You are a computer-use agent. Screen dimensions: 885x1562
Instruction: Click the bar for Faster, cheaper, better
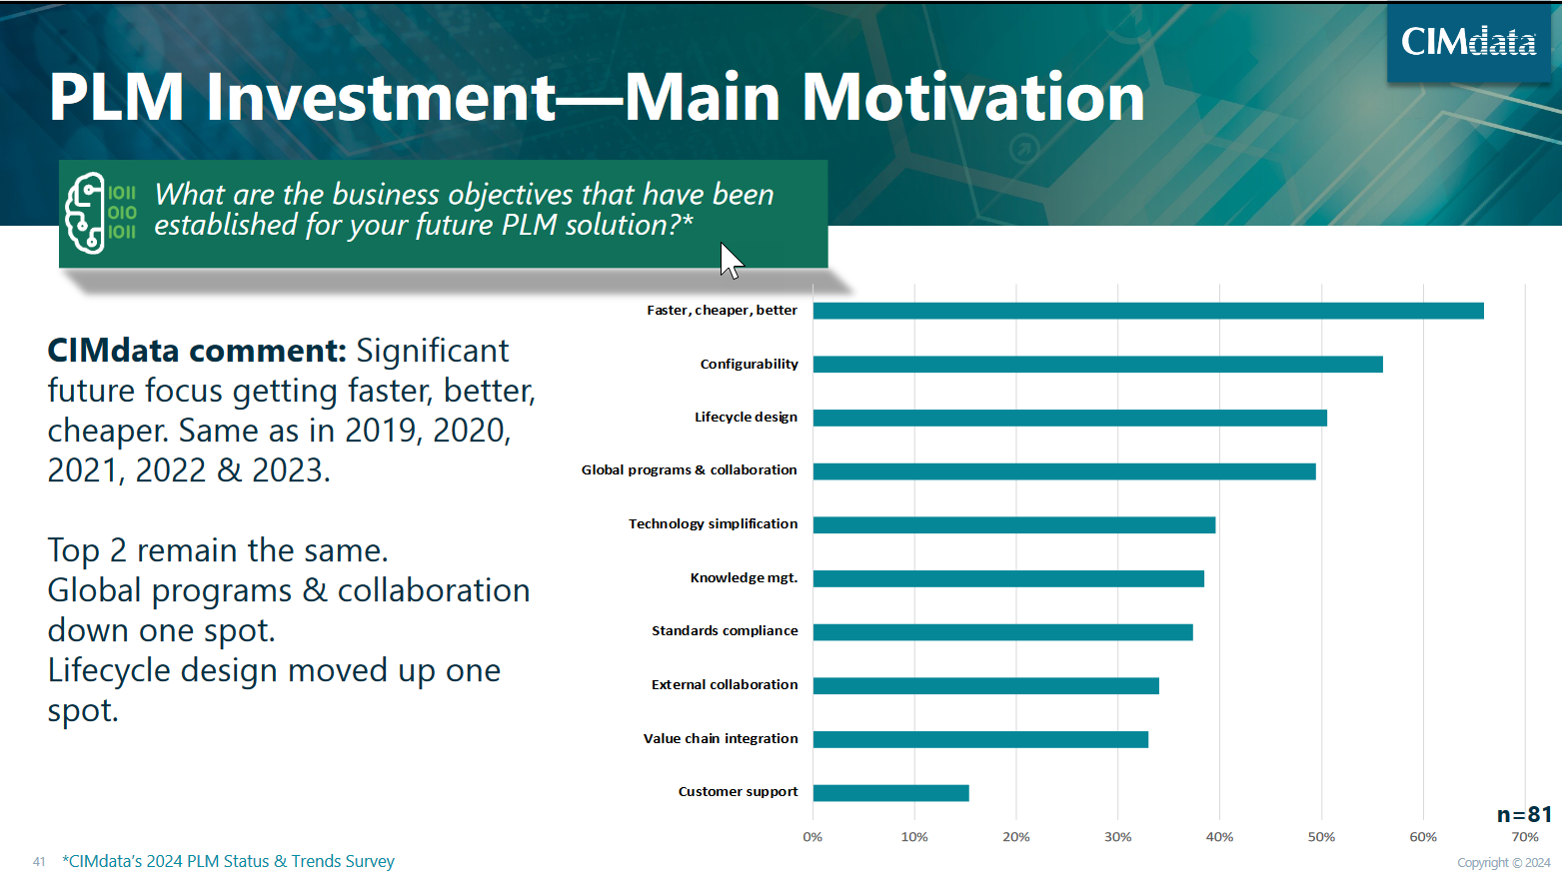click(1148, 311)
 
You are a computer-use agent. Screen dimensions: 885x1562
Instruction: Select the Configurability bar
click(1097, 365)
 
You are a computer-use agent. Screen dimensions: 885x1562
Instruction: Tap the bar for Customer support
click(890, 793)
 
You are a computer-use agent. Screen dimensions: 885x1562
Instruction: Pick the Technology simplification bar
click(1013, 525)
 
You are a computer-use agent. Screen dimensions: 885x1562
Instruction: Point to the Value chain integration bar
click(980, 739)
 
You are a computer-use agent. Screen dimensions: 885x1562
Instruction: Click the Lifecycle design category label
click(746, 418)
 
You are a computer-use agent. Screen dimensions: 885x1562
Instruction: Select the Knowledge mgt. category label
click(744, 578)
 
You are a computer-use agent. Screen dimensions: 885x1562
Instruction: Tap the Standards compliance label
click(725, 631)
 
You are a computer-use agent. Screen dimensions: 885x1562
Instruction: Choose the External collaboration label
click(725, 685)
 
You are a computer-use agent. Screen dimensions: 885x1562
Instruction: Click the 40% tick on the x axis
click(1219, 837)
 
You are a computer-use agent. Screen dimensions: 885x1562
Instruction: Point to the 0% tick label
click(812, 837)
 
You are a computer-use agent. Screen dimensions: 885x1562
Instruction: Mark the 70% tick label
click(1525, 837)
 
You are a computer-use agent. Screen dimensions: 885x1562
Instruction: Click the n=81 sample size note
click(1524, 815)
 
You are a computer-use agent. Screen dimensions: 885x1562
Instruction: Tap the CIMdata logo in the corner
click(1468, 42)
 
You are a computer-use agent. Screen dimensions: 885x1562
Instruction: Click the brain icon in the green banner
click(86, 213)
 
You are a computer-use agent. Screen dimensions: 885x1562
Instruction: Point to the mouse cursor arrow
click(730, 260)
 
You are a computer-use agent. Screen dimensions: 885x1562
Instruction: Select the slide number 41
click(39, 861)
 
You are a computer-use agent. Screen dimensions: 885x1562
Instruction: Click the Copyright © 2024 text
click(1503, 863)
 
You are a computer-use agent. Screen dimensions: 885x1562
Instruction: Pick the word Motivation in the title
click(973, 98)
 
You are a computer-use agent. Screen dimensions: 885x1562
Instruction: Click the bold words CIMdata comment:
click(197, 351)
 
